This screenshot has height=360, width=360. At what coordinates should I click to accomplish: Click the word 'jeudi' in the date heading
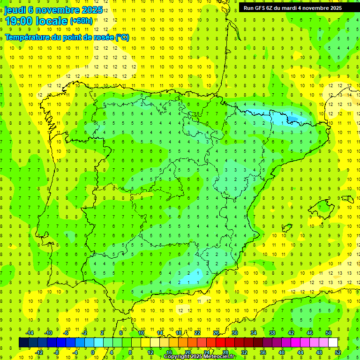click(x=15, y=10)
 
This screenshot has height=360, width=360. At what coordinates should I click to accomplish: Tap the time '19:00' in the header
click(x=19, y=21)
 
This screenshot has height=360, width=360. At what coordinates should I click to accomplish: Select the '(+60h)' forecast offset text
click(x=81, y=21)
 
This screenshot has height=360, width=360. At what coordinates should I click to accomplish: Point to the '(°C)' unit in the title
click(x=122, y=37)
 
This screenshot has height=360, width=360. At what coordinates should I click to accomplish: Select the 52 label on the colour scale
click(x=338, y=352)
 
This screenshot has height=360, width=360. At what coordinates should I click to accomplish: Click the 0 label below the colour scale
click(x=93, y=352)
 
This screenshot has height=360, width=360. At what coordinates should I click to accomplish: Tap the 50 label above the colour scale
click(x=329, y=333)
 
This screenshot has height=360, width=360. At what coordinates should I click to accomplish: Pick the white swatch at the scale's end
click(x=333, y=343)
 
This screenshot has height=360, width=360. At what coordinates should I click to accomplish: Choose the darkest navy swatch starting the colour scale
click(x=23, y=343)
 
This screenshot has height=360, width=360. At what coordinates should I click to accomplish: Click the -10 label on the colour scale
click(x=48, y=333)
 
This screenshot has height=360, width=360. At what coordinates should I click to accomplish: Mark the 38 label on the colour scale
click(x=272, y=333)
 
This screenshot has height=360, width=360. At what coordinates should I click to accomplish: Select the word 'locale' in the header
click(x=52, y=21)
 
